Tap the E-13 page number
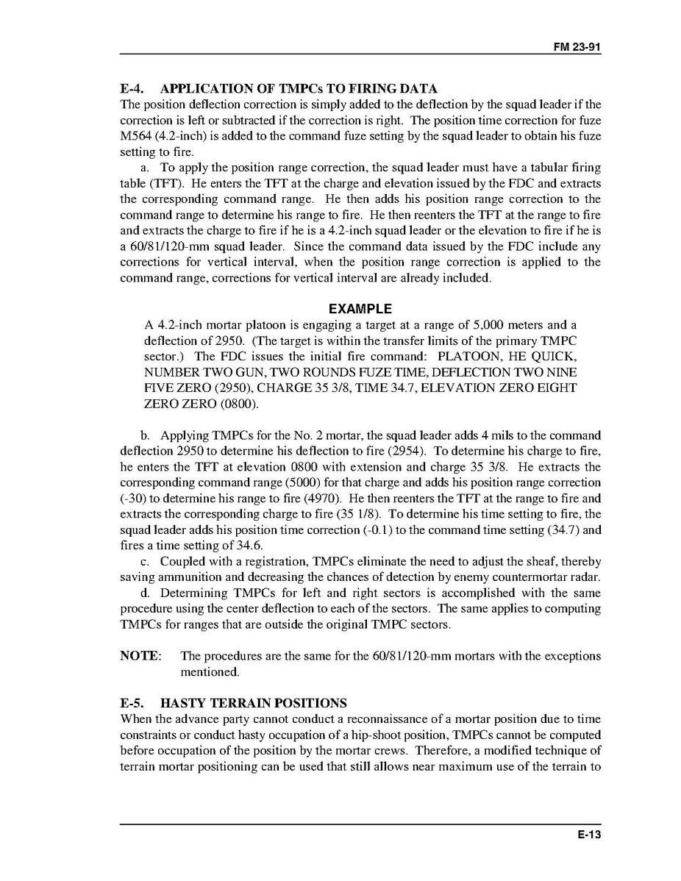[588, 835]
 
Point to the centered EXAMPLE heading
[360, 309]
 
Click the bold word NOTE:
[141, 656]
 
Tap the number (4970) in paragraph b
[316, 498]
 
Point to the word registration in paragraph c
[265, 561]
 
